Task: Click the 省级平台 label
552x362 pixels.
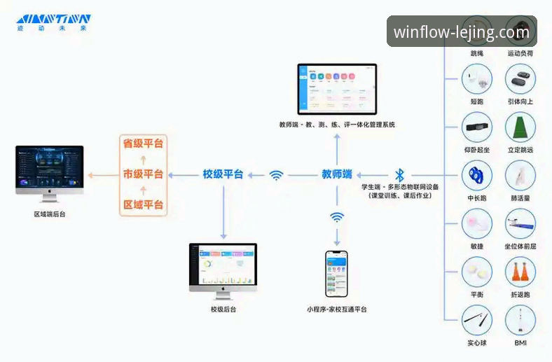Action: tap(143, 144)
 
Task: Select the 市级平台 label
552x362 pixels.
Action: tap(143, 174)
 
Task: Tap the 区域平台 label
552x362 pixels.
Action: tap(143, 204)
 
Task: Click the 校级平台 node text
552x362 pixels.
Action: tap(223, 174)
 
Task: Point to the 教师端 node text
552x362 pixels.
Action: tap(337, 174)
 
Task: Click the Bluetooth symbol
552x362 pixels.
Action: tap(400, 174)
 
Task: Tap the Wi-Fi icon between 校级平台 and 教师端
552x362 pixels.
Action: tap(277, 175)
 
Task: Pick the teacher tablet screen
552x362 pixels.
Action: tap(337, 89)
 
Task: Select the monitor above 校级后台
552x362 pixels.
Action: tap(223, 267)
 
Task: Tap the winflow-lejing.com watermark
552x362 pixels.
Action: tap(462, 32)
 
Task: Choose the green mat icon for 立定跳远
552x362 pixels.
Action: tap(520, 128)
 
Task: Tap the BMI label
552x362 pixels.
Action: tap(520, 343)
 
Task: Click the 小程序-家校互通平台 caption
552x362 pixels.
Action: tap(336, 309)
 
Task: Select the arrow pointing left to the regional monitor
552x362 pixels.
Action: tap(102, 175)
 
